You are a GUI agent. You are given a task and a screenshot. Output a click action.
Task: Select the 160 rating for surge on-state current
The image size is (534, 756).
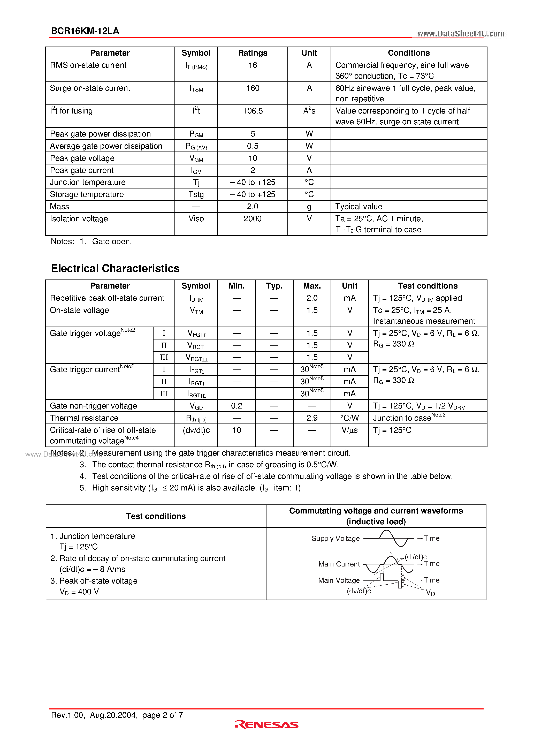[x=253, y=88]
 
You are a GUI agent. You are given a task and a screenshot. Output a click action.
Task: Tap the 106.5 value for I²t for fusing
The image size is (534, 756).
[x=253, y=111]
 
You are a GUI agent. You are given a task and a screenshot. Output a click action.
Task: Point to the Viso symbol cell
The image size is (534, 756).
[x=196, y=219]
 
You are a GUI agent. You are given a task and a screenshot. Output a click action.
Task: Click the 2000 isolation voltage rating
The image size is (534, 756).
[x=253, y=219]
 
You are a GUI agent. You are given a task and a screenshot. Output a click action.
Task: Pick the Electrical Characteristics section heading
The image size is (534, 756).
[x=115, y=268]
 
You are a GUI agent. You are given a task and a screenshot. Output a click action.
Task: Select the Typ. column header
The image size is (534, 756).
[x=274, y=286]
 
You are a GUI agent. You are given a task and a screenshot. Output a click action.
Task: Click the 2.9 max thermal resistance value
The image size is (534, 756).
[x=312, y=418]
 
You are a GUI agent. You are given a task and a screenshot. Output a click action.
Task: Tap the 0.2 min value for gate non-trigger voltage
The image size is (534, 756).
[x=237, y=406]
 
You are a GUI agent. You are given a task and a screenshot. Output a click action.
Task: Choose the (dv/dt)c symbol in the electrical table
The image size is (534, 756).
[x=196, y=430]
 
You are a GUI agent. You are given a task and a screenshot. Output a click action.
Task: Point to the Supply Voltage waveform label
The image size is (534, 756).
[x=335, y=538]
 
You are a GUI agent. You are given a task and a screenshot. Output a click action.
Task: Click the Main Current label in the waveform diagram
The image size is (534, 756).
[x=339, y=564]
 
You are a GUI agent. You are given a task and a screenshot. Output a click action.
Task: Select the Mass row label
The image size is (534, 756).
[x=60, y=206]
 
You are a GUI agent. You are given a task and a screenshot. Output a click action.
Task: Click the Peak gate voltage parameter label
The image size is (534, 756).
[x=82, y=158]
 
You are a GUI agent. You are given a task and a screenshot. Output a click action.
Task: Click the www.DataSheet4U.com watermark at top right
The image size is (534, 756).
[x=461, y=34]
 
